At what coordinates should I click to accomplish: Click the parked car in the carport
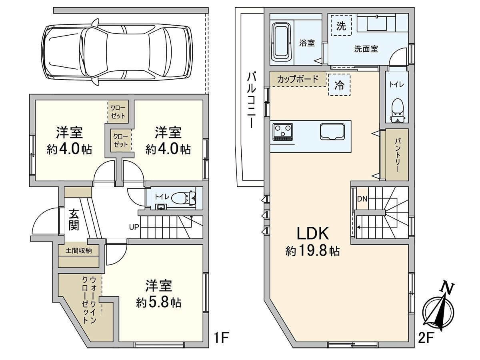pos(116,52)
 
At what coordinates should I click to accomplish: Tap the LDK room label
pos(312,233)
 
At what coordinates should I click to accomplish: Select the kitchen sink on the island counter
pos(332,132)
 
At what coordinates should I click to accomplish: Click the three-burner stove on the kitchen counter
pos(283,132)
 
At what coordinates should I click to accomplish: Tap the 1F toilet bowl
pos(185,197)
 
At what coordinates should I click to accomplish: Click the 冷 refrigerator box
pos(339,86)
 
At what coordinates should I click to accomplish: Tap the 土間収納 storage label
pos(78,251)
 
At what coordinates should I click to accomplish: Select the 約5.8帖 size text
pos(158,302)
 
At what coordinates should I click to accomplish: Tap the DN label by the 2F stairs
pos(362,199)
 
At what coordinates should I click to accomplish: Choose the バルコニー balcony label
pos(252,100)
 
